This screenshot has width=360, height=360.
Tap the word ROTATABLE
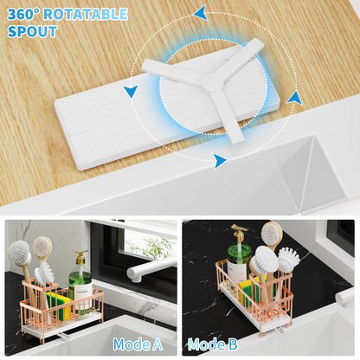click(86, 14)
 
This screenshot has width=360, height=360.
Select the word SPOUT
click(32, 31)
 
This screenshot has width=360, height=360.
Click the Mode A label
click(138, 344)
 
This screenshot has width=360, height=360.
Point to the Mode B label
click(213, 344)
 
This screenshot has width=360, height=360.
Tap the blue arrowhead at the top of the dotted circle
click(201, 12)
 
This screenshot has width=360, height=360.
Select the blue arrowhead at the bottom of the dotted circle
click(220, 160)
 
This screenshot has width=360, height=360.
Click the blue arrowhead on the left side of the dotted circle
click(131, 91)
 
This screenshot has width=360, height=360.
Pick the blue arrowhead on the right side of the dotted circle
click(294, 99)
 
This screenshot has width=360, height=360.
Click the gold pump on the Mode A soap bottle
click(81, 257)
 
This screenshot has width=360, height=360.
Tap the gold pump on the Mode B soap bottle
click(239, 232)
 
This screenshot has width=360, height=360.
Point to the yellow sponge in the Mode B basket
click(248, 292)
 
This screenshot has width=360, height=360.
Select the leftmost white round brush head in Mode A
click(19, 254)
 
